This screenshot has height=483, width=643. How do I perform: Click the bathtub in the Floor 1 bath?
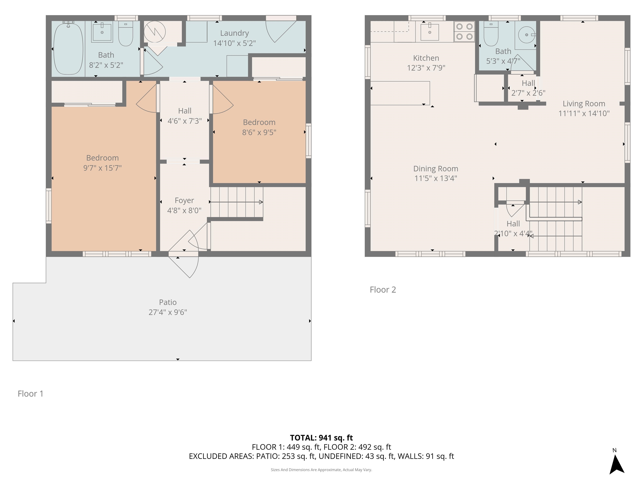pyautogui.click(x=68, y=49)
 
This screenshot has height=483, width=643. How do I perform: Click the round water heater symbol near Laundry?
pyautogui.click(x=155, y=32)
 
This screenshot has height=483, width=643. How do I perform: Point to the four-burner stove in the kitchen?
pyautogui.click(x=464, y=31)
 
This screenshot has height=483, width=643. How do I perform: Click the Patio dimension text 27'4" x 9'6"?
pyautogui.click(x=168, y=312)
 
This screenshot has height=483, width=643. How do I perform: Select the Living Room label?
pyautogui.click(x=584, y=104)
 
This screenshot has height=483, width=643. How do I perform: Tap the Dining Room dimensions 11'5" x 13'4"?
pyautogui.click(x=435, y=178)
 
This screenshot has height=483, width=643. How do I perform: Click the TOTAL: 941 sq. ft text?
pyautogui.click(x=321, y=438)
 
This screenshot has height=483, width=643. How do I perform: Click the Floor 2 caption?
pyautogui.click(x=383, y=290)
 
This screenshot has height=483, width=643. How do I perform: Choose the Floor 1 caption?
pyautogui.click(x=31, y=394)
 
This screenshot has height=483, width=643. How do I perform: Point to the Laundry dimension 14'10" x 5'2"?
pyautogui.click(x=234, y=43)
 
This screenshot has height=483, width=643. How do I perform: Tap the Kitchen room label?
pyautogui.click(x=426, y=58)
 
